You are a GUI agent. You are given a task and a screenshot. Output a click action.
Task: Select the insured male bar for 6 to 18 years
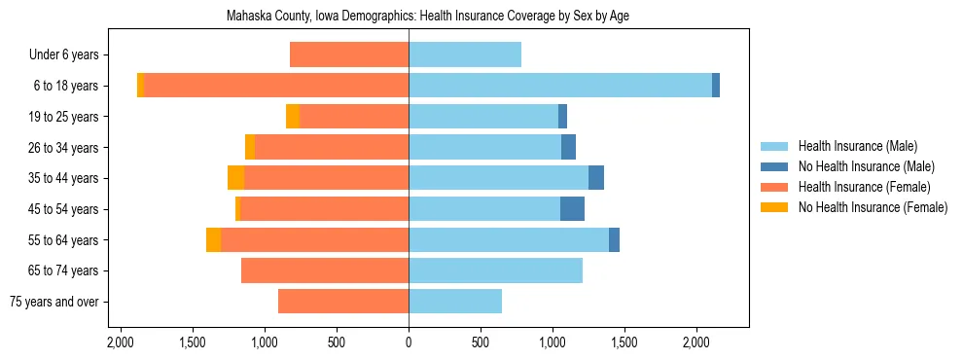559,86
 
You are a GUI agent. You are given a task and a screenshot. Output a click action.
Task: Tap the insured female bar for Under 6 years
349,54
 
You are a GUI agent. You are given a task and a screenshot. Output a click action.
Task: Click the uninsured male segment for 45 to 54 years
572,209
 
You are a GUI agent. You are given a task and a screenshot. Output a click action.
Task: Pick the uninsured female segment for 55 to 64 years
213,240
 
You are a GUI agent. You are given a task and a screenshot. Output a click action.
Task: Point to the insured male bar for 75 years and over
455,302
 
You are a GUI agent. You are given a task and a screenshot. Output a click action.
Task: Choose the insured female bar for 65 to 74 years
325,270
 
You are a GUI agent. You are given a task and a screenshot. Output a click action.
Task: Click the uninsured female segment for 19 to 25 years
293,117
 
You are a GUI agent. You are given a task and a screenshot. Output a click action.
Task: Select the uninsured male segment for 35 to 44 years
596,178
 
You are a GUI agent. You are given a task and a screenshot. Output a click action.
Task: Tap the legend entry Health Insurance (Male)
857,146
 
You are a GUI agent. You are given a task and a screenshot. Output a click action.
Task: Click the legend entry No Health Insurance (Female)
873,207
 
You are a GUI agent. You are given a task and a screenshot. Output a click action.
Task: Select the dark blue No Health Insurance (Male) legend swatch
774,166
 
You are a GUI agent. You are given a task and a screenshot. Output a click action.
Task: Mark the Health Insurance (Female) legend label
865,187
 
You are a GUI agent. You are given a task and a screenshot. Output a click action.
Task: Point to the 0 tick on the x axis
409,343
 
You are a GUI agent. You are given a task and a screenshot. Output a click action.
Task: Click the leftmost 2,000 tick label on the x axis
121,343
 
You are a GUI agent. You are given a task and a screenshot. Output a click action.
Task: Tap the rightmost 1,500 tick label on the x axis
624,343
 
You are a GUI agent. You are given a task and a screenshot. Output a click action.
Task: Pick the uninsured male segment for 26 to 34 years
568,148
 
